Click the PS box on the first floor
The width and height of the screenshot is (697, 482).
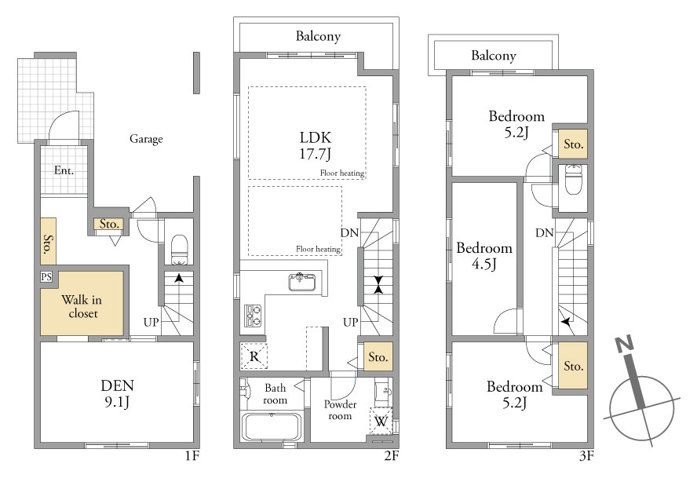[46, 276]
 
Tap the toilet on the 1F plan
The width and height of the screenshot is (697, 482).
[180, 250]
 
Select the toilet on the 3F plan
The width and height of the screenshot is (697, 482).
[573, 179]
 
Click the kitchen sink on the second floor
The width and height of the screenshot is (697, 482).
[302, 282]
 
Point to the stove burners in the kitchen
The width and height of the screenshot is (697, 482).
[253, 316]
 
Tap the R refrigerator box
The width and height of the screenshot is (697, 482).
[254, 356]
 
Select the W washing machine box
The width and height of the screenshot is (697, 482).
[381, 421]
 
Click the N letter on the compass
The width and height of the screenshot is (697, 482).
[624, 344]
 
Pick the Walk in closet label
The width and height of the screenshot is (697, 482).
[82, 306]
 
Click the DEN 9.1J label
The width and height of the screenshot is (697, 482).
[118, 393]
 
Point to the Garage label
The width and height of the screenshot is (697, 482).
[146, 139]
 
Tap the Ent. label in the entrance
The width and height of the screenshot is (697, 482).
[64, 170]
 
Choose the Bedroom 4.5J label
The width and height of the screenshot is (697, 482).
[484, 256]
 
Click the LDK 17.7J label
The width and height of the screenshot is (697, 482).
[316, 145]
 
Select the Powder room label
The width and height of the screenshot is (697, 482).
[340, 410]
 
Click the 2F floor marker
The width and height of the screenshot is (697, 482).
[392, 455]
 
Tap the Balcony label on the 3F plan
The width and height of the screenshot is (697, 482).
[494, 56]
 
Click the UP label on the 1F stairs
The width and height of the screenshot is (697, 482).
[151, 322]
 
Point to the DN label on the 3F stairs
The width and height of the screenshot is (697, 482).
[545, 232]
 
